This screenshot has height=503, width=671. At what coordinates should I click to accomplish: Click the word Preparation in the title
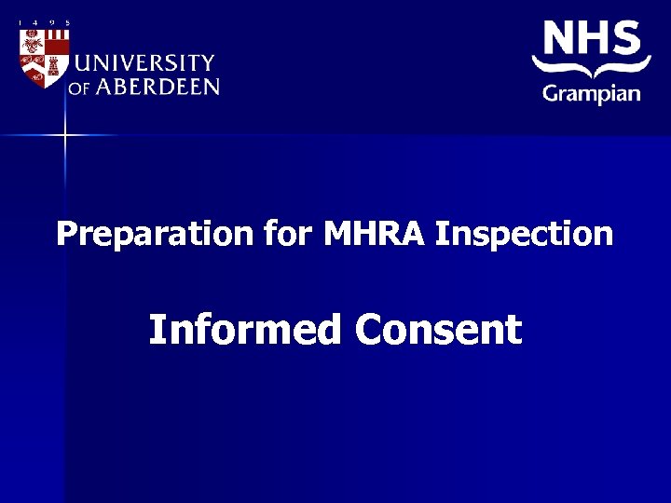coord(155,233)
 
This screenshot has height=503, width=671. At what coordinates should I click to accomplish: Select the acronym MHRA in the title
coord(375,233)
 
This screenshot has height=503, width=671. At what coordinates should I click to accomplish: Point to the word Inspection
coord(525,233)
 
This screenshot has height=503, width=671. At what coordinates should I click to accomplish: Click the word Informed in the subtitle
coord(245,329)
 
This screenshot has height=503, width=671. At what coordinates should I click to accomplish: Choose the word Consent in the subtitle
coord(438,329)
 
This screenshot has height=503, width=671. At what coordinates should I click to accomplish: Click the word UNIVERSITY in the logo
coord(144,63)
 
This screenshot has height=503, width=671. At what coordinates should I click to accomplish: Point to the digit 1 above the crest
coord(20,22)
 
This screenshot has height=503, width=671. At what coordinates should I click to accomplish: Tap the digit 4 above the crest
coord(35,22)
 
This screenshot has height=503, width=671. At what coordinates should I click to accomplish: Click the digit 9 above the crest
coord(51,22)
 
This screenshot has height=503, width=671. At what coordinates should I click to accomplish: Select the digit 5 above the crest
coord(67,22)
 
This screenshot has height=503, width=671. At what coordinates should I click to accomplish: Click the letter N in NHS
coord(559,38)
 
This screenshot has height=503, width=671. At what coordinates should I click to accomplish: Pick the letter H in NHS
coord(594,38)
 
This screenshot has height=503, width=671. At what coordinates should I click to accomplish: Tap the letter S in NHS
coord(626,38)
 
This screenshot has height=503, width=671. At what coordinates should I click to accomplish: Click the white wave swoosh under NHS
coord(592,68)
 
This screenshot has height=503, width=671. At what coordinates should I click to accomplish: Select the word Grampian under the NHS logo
coord(592,93)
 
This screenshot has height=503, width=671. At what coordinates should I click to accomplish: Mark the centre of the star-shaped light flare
coord(65,135)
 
